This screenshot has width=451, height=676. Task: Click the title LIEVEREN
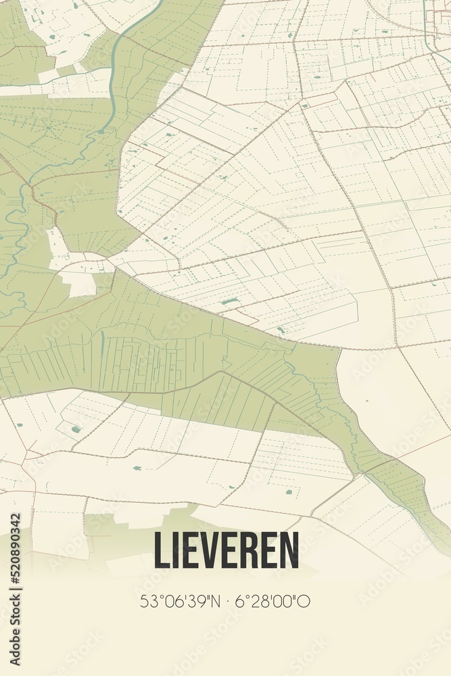pos(226,550)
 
